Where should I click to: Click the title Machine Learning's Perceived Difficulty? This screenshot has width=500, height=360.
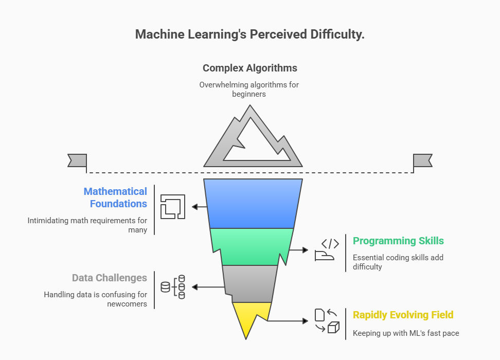pyautogui.click(x=249, y=34)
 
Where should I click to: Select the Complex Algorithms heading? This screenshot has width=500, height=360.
pyautogui.click(x=249, y=68)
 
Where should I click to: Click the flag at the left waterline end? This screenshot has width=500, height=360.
pyautogui.click(x=77, y=160)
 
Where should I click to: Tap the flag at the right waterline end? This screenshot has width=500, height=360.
pyautogui.click(x=422, y=160)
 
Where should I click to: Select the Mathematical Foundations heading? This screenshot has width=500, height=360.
pyautogui.click(x=115, y=197)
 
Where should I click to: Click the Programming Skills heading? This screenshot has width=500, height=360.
pyautogui.click(x=398, y=241)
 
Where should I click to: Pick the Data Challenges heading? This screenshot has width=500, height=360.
pyautogui.click(x=110, y=278)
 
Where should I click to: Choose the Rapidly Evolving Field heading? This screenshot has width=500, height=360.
pyautogui.click(x=403, y=315)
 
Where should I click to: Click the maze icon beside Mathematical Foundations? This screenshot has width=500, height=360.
pyautogui.click(x=173, y=207)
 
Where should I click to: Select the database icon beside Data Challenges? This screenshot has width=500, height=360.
pyautogui.click(x=173, y=287)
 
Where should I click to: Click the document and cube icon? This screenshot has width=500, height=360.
pyautogui.click(x=327, y=320)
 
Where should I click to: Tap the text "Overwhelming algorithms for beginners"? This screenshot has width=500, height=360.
pyautogui.click(x=249, y=89)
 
